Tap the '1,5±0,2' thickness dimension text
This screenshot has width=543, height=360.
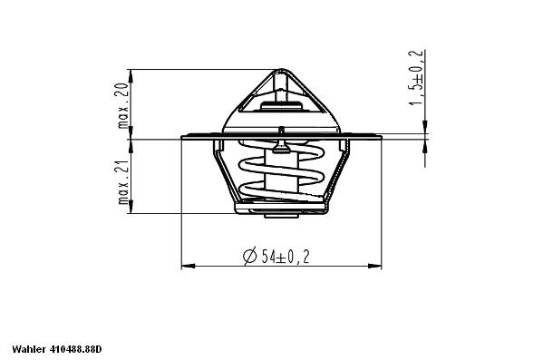tap(417, 78)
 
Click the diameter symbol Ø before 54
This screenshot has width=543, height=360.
tap(249, 257)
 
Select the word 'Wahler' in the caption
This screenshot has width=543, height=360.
tap(29, 348)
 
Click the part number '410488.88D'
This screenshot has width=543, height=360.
tap(76, 348)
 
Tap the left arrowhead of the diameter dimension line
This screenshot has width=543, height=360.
tap(187, 267)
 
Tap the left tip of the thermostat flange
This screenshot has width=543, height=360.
tap(182, 138)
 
